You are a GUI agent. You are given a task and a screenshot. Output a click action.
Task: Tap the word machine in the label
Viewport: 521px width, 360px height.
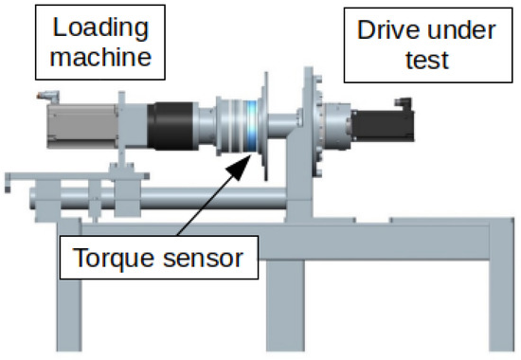100,56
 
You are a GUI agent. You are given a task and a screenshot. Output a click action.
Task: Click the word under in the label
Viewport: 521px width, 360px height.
461,30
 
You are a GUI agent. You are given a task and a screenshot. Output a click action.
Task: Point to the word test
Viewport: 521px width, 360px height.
427,60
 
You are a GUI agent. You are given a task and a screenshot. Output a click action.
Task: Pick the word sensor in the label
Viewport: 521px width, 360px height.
204,259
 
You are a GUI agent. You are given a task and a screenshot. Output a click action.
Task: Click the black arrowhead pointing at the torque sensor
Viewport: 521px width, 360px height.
239,166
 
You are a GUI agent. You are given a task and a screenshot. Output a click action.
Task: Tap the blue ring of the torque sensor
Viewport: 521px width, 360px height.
252,126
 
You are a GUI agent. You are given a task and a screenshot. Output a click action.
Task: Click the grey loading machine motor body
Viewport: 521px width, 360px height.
82,126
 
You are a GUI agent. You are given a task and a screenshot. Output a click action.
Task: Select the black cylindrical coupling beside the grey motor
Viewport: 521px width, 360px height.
171,126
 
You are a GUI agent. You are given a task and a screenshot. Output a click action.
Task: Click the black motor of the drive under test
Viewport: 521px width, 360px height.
383,126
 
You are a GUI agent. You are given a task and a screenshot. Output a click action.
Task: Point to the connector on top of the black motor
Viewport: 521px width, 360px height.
404,103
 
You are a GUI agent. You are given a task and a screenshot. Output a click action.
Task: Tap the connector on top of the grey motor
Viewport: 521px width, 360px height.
49,97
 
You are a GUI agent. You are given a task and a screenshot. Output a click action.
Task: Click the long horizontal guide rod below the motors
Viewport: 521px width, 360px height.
159,198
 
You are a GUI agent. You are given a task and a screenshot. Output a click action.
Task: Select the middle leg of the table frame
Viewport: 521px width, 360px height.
285,305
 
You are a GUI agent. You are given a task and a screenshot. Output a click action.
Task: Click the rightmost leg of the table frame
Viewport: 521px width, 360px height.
501,285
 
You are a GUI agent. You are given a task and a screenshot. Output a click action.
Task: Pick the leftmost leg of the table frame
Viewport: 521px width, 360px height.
69,285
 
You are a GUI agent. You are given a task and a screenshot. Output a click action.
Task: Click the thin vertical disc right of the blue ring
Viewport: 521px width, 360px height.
265,126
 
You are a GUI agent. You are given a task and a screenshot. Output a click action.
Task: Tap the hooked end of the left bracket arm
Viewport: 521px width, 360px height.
8,183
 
